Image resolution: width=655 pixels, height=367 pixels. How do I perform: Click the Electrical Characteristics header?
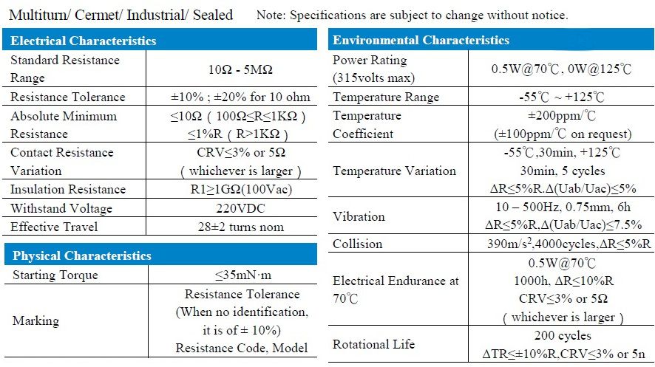point(84,41)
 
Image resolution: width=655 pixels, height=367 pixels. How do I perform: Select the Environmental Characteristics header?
point(421,40)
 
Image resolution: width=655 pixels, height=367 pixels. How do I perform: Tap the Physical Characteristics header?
point(82,256)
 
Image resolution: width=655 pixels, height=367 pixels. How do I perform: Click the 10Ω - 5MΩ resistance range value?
point(240,69)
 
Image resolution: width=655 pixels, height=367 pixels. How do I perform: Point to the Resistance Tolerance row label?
point(68,97)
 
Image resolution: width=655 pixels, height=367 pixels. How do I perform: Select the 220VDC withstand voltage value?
point(240,208)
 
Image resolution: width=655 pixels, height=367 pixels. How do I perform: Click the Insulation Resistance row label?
point(68,190)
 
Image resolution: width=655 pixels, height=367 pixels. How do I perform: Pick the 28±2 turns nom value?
point(240,227)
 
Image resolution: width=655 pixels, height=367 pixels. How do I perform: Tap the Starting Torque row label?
point(55,275)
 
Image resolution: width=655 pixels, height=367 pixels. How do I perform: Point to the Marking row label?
point(35,321)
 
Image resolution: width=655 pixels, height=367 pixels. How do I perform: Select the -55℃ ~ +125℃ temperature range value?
point(562,97)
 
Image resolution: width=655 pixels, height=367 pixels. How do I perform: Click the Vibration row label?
point(359,216)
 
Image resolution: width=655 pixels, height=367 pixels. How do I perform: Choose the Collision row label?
point(358,244)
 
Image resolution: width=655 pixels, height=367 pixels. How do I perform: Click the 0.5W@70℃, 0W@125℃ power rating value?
point(562,69)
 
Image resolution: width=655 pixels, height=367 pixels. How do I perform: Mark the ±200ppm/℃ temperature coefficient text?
point(562,116)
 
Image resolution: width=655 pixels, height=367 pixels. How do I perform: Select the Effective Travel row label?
point(54,227)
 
